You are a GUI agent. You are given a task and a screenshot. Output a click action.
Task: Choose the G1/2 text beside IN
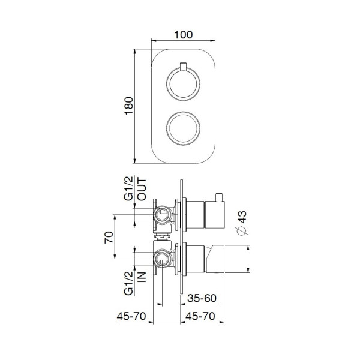[x=128, y=282]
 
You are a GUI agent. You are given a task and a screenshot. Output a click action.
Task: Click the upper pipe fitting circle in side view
[x=162, y=214]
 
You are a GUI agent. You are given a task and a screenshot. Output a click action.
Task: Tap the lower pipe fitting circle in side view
[x=162, y=258]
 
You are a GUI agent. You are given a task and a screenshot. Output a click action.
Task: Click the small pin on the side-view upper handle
[x=220, y=197]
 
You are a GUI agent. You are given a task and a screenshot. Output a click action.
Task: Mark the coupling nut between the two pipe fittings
[x=161, y=236]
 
